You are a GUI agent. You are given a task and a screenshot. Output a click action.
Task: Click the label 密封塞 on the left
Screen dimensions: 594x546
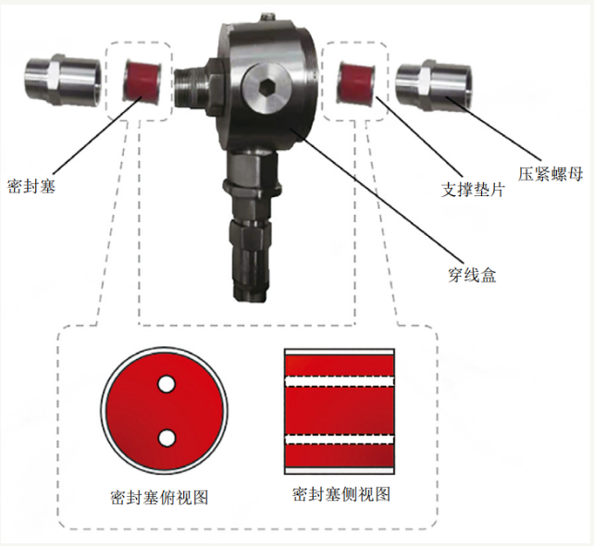(31, 186)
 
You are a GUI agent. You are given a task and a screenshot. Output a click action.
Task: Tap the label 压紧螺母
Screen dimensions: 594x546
(551, 174)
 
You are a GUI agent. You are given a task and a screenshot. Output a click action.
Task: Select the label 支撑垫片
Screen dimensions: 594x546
(473, 190)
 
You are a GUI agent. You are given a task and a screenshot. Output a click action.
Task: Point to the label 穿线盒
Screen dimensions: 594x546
(472, 275)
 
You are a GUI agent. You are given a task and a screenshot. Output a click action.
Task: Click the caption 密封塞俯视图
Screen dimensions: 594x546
(159, 497)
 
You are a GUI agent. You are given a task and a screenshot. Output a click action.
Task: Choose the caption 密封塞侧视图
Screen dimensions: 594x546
(340, 494)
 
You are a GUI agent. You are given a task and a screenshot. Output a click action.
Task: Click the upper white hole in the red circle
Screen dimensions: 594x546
(167, 384)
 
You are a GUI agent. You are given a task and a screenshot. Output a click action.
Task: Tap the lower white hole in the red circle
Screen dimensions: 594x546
(167, 438)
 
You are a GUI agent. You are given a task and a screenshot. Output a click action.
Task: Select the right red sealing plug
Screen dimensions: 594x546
(356, 82)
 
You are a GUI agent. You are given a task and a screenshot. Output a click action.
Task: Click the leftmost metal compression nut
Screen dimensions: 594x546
(63, 79)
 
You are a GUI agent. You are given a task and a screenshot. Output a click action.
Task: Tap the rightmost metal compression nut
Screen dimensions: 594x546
(434, 85)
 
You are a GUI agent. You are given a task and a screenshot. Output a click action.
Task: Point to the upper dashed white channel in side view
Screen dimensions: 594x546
(340, 381)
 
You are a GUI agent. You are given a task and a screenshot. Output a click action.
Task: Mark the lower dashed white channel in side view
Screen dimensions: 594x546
(340, 440)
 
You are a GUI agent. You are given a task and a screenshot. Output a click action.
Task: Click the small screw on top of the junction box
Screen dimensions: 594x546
(268, 18)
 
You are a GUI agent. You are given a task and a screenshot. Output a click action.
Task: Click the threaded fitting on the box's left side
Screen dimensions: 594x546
(192, 88)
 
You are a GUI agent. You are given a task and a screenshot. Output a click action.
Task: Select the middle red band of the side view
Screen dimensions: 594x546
(340, 410)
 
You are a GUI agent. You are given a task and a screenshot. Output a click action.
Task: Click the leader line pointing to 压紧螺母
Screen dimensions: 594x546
(493, 129)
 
